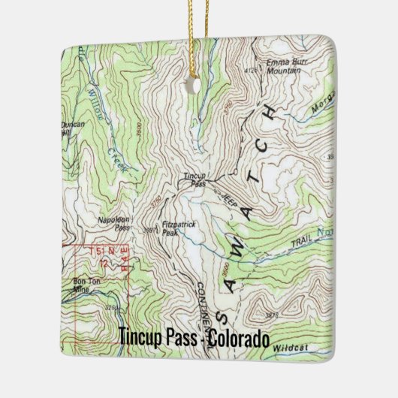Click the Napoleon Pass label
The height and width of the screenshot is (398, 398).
click(113, 223)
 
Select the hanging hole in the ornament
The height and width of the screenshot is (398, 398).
click(198, 84)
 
